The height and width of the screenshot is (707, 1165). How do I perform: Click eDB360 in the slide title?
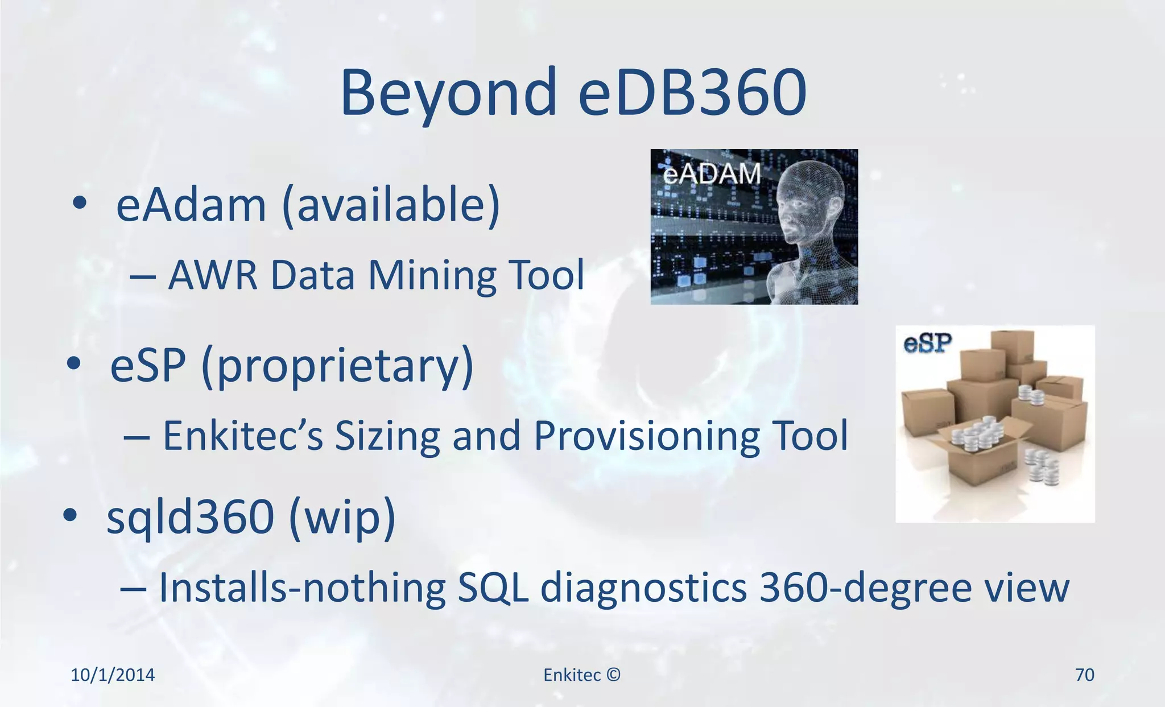[692, 93]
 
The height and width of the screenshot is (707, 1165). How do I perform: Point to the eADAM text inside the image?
[712, 174]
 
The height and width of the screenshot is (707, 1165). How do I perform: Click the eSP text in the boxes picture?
[927, 343]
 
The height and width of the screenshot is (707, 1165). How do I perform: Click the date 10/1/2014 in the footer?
[113, 675]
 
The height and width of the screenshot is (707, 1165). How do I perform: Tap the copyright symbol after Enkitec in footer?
[613, 675]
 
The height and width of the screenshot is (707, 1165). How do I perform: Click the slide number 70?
[1084, 675]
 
